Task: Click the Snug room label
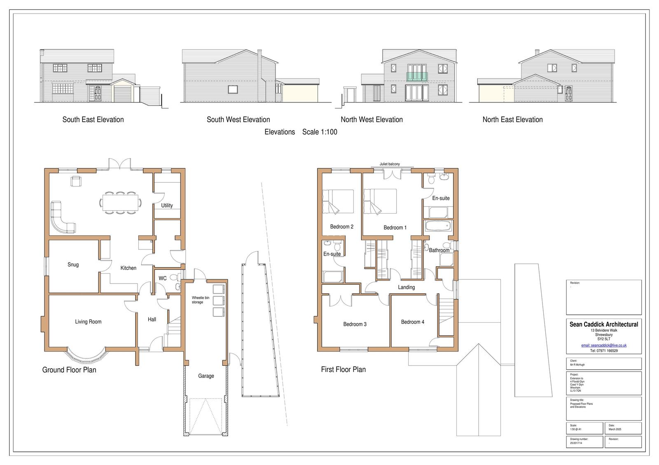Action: (x=73, y=265)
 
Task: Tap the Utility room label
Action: (x=167, y=205)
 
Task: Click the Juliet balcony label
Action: (x=389, y=164)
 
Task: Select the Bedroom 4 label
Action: (x=412, y=322)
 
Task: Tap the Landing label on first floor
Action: (x=406, y=287)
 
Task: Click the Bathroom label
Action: (x=439, y=250)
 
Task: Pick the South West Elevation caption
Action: (x=238, y=120)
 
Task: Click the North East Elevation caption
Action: (x=512, y=120)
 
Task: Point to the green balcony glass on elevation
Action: (x=417, y=76)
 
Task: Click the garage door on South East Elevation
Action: (x=122, y=94)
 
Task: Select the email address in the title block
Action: (x=603, y=345)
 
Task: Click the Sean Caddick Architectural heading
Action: (x=603, y=324)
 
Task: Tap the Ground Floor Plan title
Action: (x=69, y=370)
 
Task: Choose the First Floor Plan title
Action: (x=343, y=370)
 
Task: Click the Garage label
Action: (x=206, y=376)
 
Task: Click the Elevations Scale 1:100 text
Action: (x=301, y=132)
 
